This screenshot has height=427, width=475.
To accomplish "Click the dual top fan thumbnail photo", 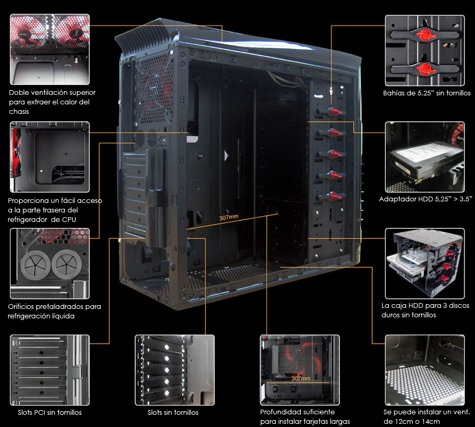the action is click(x=50, y=50).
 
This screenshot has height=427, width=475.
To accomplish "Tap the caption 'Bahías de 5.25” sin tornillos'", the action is click(x=426, y=93).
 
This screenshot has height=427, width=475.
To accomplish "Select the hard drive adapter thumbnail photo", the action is click(x=425, y=157).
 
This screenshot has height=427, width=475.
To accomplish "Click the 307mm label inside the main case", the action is click(x=229, y=217).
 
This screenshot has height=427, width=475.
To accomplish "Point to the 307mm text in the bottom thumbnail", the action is click(x=301, y=379).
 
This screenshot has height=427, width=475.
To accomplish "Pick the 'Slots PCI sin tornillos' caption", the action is click(x=50, y=412).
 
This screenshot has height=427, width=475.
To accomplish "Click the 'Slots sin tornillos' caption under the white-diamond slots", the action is click(x=173, y=412).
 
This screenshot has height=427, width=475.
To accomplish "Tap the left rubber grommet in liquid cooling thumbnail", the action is click(x=35, y=265).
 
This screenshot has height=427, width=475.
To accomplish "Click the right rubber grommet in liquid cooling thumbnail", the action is click(x=66, y=264).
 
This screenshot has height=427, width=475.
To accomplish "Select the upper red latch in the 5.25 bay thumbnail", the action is click(x=425, y=35).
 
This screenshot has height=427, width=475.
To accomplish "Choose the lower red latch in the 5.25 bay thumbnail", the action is click(x=425, y=69).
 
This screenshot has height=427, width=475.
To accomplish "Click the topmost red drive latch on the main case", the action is click(x=334, y=112).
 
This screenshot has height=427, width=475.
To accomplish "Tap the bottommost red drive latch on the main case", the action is click(x=334, y=197).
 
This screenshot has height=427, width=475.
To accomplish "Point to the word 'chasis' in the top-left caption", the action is click(x=19, y=111).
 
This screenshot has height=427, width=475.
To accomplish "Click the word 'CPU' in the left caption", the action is click(x=69, y=219).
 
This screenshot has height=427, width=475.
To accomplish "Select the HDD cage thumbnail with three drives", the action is click(x=425, y=264).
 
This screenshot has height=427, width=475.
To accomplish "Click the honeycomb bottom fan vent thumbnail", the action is click(x=425, y=370).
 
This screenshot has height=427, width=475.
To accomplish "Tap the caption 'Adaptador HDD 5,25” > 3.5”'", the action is click(x=425, y=199).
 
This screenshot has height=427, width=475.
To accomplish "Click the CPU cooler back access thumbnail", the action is click(x=50, y=157).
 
